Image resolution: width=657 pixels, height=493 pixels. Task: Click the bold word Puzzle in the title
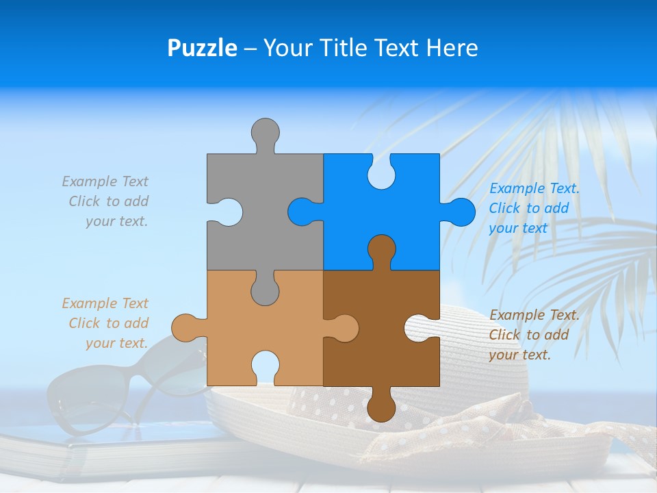(x=202, y=48)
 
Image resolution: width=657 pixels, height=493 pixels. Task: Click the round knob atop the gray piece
(x=265, y=133)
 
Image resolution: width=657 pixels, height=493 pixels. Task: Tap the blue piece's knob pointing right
(x=460, y=212)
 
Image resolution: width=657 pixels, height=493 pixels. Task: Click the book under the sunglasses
(x=103, y=452)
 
